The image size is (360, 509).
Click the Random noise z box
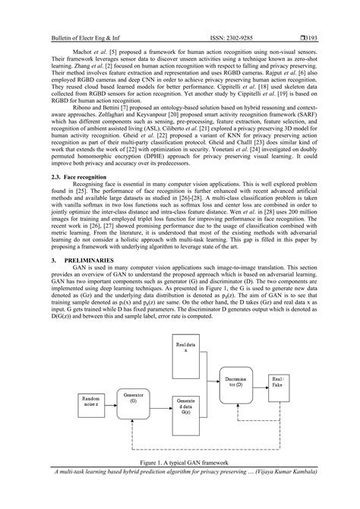pos(90,421)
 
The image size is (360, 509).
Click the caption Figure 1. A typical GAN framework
pos(179,483)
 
